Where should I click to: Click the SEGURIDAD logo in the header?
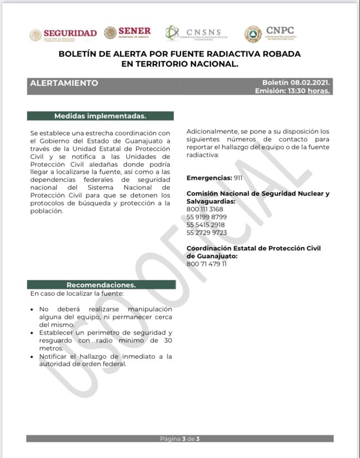tap(63, 34)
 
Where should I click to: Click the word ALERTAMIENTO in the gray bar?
tap(64, 83)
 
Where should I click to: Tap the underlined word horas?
tap(318, 91)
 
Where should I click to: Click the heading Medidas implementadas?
tap(100, 116)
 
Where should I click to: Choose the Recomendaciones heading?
tap(101, 285)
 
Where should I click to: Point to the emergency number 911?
tap(238, 178)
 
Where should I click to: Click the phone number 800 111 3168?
tap(205, 209)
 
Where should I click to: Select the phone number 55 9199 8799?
tap(206, 217)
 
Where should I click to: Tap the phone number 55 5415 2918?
tap(205, 225)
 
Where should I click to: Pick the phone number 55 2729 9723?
tap(206, 232)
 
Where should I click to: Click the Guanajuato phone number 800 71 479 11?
tap(206, 264)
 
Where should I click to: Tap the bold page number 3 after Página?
tap(184, 439)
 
